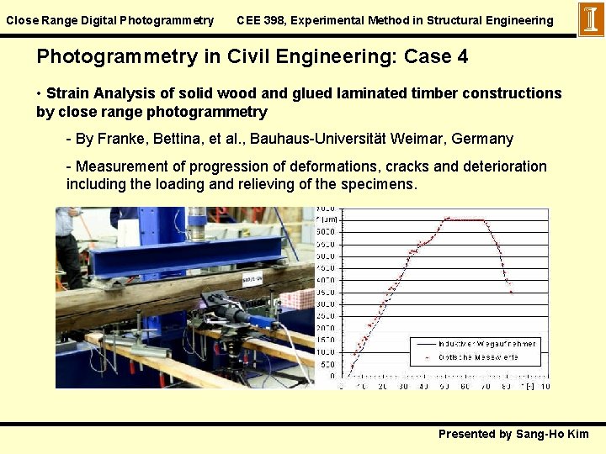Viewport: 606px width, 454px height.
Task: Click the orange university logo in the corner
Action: pyautogui.click(x=591, y=19)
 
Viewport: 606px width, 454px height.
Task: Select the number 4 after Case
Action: pyautogui.click(x=461, y=57)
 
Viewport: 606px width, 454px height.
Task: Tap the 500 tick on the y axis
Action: pyautogui.click(x=328, y=364)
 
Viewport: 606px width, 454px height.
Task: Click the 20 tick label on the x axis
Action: pyautogui.click(x=383, y=386)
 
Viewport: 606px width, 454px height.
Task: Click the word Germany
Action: pyautogui.click(x=483, y=138)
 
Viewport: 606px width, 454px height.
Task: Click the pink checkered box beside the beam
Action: pyautogui.click(x=297, y=299)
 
